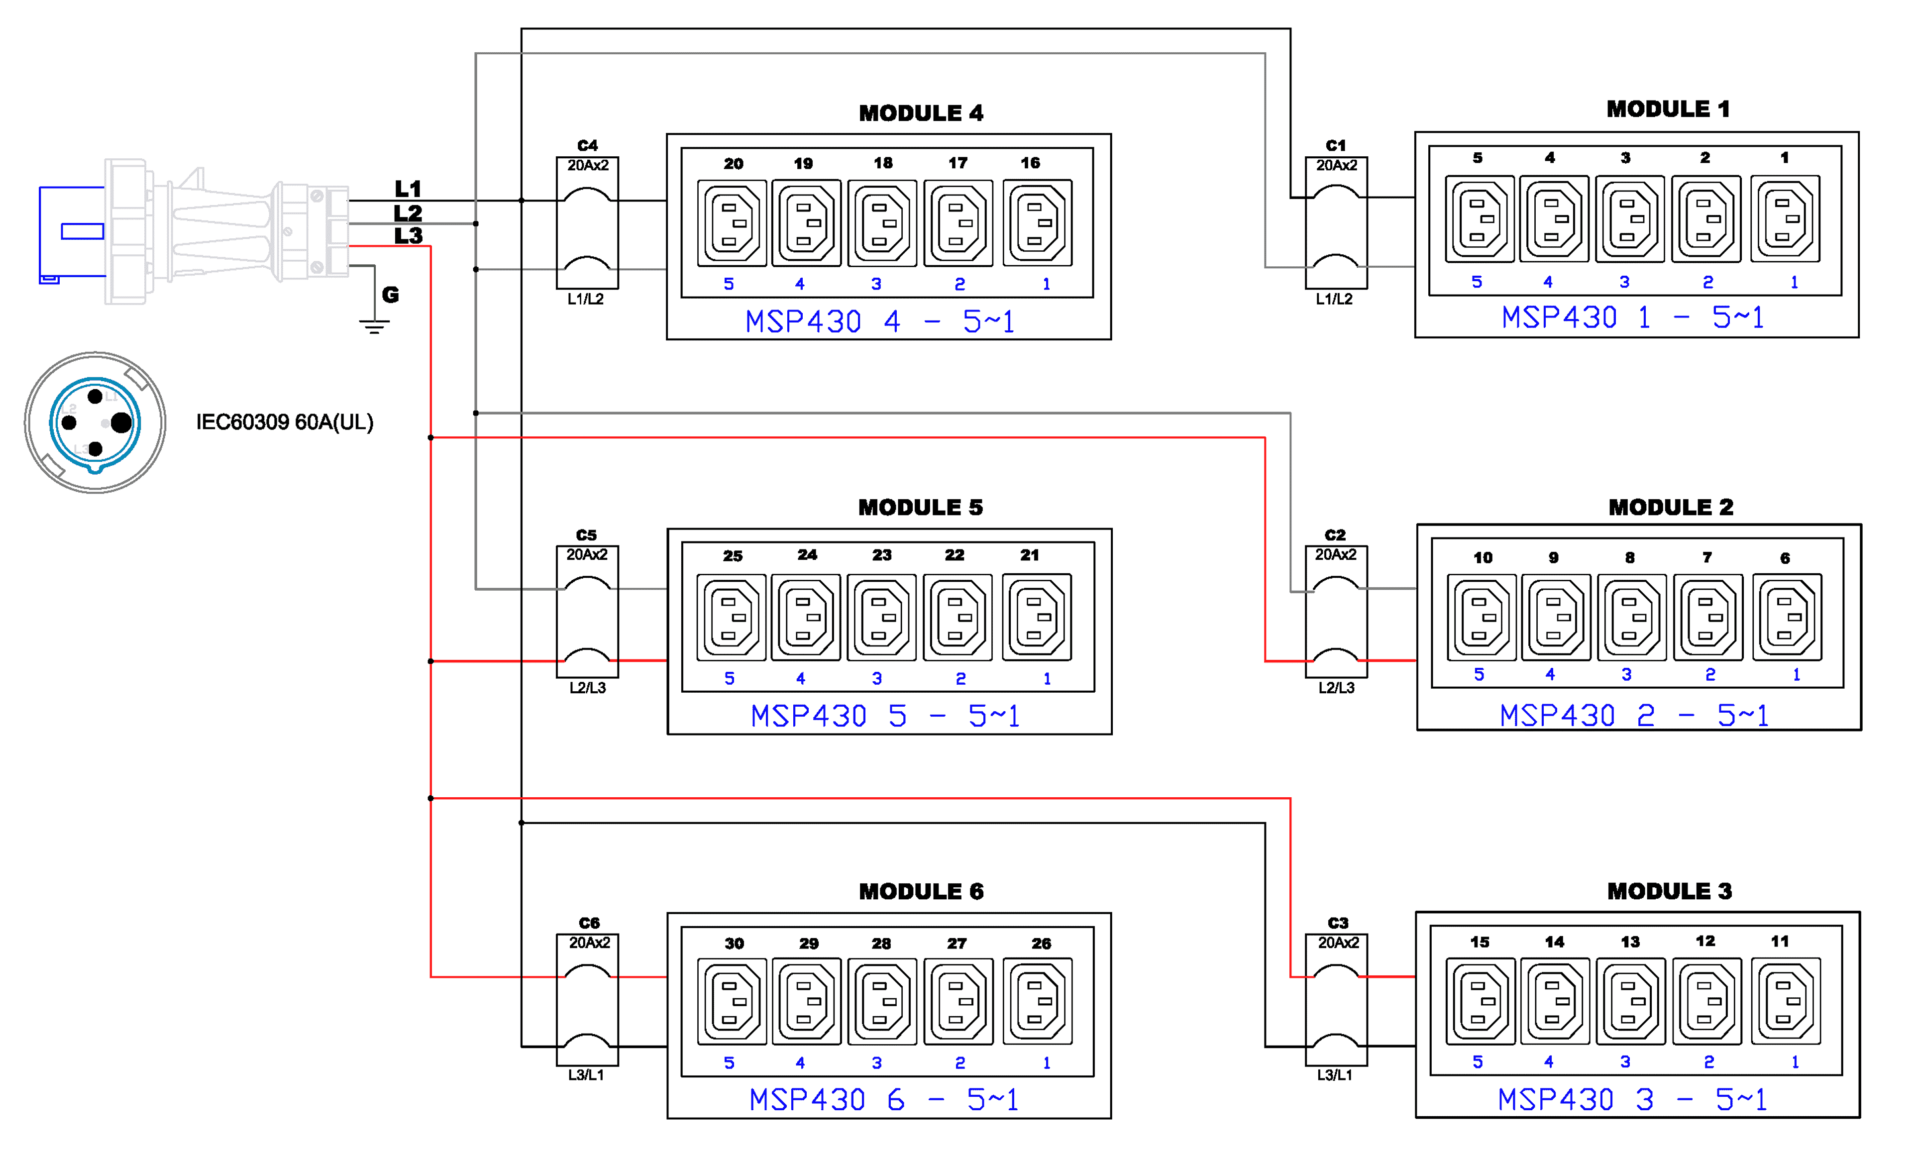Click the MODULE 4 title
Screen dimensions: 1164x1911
point(921,113)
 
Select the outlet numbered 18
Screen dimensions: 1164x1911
point(882,223)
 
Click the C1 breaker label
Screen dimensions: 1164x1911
point(1336,146)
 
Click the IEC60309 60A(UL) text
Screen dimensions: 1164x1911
point(285,422)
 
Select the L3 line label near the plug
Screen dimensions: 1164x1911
point(408,236)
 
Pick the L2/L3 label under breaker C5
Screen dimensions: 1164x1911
point(587,688)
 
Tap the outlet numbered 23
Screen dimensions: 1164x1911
point(881,617)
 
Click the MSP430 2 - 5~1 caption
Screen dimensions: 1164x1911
point(1634,715)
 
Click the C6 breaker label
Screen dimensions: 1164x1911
point(589,923)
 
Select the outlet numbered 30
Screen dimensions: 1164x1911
point(732,1001)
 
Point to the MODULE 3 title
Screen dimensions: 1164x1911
point(1669,891)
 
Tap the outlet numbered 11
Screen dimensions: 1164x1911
point(1786,1001)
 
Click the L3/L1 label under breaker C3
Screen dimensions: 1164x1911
point(1334,1075)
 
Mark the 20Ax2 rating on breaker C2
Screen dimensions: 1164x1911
point(1336,554)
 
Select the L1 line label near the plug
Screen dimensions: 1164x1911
point(408,189)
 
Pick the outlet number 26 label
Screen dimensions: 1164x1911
point(1041,944)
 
